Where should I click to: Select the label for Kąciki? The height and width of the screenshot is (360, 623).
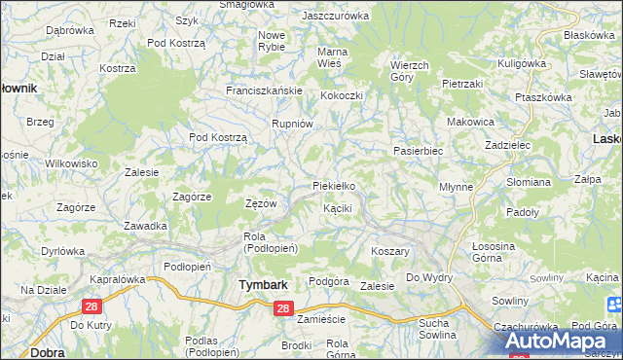coord(337,208)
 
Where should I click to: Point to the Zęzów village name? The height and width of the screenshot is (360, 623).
coord(261,203)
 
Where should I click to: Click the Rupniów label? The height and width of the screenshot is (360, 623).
coord(292,124)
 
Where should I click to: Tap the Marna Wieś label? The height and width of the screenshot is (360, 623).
coord(334,57)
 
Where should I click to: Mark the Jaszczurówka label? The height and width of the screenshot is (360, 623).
coord(336,17)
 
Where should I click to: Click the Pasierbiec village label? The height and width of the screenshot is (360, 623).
coord(418,152)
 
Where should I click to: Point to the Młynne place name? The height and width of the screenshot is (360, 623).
coord(456,186)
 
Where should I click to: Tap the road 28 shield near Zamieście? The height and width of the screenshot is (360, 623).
coord(282,308)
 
